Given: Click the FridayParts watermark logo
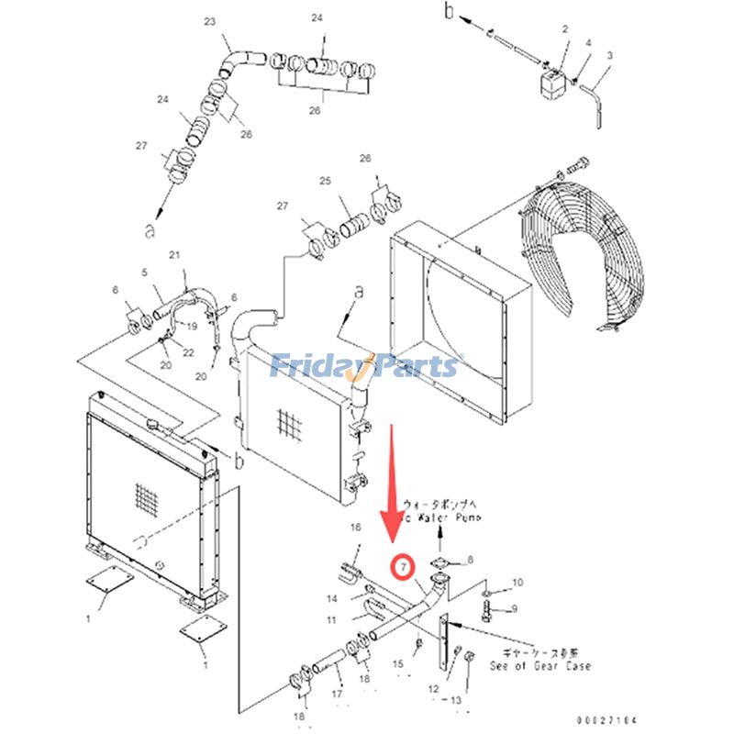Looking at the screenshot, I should pos(366,366).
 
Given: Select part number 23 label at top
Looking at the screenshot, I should pos(209,21).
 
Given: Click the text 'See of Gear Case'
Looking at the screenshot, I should pos(540,665).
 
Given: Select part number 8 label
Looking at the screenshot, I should pos(471,559).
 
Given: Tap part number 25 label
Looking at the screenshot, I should pos(323,182).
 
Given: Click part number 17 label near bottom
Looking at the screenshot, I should pos(337,695).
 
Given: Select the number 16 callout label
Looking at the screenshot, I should pos(357,527).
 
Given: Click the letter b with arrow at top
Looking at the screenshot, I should pos(450,11).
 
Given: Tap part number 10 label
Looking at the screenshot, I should pos(517,582).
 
